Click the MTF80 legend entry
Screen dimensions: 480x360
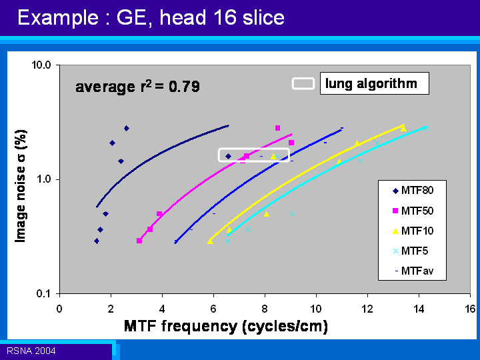click(x=413, y=191)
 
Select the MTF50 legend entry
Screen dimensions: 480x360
click(x=413, y=211)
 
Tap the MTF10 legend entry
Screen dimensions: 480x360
click(x=413, y=231)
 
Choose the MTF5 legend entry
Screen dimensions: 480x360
click(x=410, y=251)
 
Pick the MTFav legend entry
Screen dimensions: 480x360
click(x=413, y=271)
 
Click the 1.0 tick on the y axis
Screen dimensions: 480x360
click(x=44, y=179)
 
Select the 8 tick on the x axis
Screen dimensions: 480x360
click(x=265, y=309)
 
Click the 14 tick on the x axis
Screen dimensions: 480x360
click(x=419, y=309)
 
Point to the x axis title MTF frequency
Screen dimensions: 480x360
click(x=226, y=326)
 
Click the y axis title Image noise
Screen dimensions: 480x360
click(x=21, y=186)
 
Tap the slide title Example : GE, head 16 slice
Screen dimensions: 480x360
click(x=151, y=17)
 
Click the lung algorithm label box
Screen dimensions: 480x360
click(x=375, y=83)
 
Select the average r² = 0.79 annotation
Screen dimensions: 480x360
click(x=137, y=87)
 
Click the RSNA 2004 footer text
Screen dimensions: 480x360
click(x=31, y=351)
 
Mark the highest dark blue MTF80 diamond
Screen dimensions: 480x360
click(x=127, y=128)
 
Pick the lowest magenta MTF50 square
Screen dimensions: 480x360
click(x=139, y=241)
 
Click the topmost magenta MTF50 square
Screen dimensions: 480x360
click(x=277, y=128)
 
